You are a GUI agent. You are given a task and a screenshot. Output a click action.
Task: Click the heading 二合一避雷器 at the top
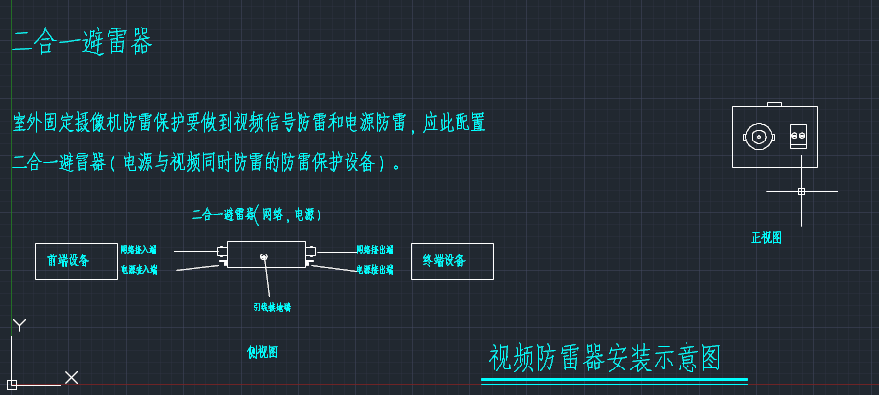pos(82,42)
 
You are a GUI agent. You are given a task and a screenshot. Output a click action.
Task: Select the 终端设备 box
pos(452,261)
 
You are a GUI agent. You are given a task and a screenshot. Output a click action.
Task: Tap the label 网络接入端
pos(138,251)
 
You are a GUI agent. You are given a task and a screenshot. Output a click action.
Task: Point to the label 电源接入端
pos(138,269)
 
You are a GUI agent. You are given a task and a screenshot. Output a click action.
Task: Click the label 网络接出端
pos(374,251)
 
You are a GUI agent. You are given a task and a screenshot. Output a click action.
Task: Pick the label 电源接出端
pos(374,269)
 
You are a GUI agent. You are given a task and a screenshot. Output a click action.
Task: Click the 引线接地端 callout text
pos(272,307)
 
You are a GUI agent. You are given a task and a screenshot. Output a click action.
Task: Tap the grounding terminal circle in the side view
pos(264,257)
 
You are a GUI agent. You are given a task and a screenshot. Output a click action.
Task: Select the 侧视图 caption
pos(262,352)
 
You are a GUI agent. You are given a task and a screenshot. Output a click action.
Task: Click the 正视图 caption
pos(767,237)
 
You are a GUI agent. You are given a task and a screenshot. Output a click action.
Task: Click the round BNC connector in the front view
pos(758,137)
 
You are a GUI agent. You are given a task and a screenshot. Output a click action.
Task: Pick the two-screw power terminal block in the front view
pos(798,137)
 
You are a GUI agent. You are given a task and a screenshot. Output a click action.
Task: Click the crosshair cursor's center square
pos(801,191)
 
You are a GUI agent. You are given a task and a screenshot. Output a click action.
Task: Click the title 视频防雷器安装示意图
pos(605,359)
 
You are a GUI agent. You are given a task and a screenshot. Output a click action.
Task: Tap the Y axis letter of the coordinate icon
pos(19,325)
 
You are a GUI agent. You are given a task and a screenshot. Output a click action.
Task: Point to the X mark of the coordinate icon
pos(71,377)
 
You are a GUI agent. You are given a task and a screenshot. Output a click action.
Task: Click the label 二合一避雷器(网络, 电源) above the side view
pos(257,213)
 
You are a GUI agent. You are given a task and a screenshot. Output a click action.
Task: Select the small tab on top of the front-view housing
pos(774,104)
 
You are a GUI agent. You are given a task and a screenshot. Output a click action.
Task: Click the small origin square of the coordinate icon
pos(11,383)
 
